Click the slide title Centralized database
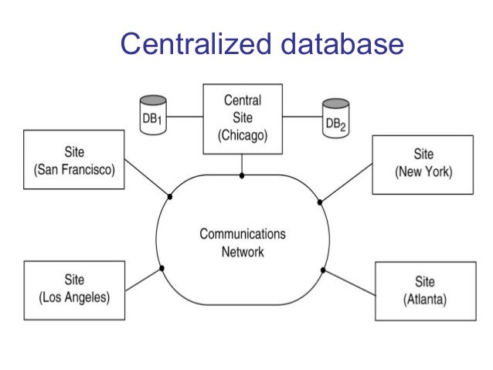click(261, 44)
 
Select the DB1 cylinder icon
click(153, 115)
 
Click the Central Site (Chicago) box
click(242, 117)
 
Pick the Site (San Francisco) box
click(70, 161)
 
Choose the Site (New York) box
click(422, 164)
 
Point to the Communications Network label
click(242, 242)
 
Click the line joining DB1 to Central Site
click(185, 117)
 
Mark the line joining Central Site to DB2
click(301, 117)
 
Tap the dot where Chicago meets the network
click(242, 175)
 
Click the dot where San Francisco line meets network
click(170, 196)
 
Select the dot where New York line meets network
click(320, 202)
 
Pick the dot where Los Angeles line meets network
click(161, 268)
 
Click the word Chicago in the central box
click(242, 135)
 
